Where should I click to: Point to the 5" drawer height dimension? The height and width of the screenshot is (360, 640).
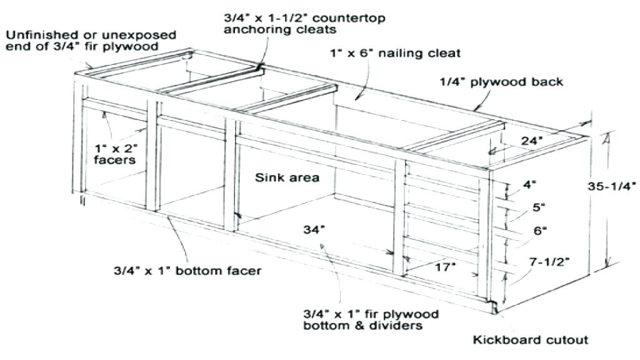pos(537,206)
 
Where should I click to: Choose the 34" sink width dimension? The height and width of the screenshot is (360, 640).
pos(315,229)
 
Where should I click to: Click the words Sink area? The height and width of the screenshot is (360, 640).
pos(287,178)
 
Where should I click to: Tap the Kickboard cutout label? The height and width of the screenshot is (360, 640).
pos(530,340)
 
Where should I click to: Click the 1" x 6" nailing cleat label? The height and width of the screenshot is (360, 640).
pos(396,54)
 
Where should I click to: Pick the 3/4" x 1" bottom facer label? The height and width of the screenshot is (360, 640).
pos(187,271)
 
